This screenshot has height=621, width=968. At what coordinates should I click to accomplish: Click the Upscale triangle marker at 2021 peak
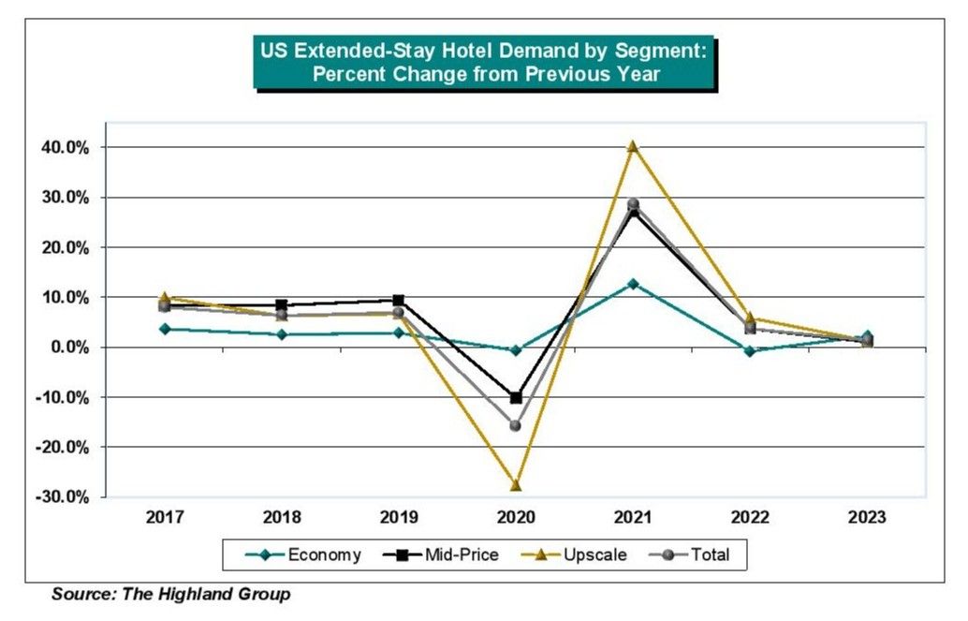click(x=633, y=146)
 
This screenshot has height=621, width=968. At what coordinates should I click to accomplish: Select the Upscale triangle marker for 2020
click(x=515, y=485)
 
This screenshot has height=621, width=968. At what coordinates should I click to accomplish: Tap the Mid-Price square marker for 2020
click(x=516, y=398)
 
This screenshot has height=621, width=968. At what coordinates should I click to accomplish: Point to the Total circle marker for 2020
click(x=516, y=425)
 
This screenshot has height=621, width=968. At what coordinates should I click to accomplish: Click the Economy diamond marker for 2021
click(x=633, y=283)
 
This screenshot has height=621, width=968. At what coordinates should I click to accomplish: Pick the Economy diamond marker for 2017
click(x=165, y=329)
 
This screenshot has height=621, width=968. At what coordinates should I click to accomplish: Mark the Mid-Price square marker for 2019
click(x=398, y=300)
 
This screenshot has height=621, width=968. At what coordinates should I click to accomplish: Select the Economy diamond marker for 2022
click(x=750, y=351)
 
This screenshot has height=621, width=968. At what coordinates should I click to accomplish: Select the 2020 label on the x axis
click(x=516, y=518)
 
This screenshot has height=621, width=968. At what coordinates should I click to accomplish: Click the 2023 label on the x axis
click(x=867, y=518)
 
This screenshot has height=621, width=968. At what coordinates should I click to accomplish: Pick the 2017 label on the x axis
click(x=165, y=518)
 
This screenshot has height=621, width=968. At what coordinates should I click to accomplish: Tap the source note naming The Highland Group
click(x=171, y=594)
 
